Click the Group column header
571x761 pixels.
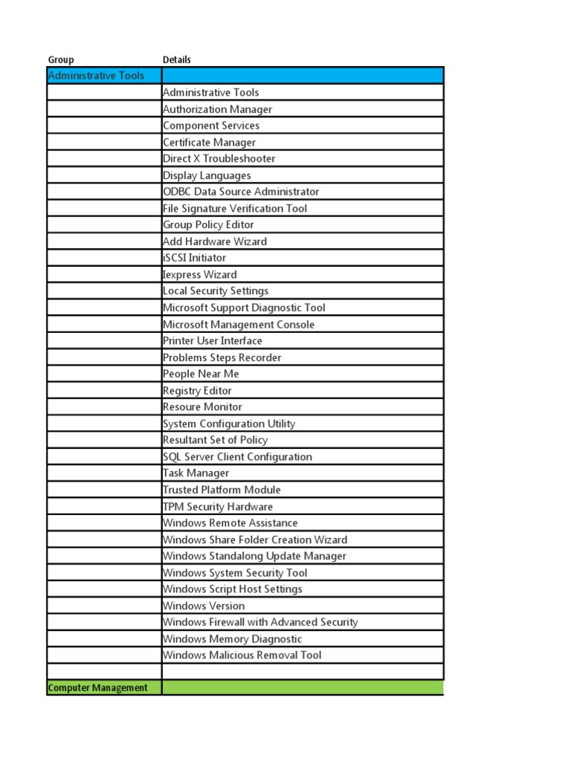(61, 59)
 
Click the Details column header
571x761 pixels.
(177, 59)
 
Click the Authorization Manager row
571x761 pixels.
(217, 109)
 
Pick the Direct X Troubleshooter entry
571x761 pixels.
(219, 158)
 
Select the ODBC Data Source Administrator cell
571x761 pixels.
(241, 192)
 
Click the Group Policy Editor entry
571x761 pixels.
(208, 224)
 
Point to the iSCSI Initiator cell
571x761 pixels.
(194, 258)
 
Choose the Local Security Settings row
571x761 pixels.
(216, 291)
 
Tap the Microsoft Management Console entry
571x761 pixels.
(239, 324)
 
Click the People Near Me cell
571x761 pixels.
(201, 374)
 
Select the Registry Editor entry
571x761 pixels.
(197, 390)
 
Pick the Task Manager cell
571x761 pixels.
(196, 473)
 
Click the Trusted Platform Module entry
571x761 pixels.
(222, 490)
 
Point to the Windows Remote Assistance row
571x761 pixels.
(230, 522)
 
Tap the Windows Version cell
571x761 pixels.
(203, 606)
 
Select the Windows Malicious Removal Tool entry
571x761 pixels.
(242, 655)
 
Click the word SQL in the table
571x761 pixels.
(172, 456)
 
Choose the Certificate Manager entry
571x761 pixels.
(209, 142)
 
